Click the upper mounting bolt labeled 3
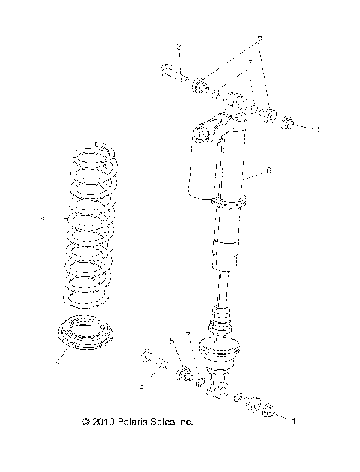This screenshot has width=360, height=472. pos(174,74)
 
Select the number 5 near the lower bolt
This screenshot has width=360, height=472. pos(172,341)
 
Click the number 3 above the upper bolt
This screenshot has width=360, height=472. pos(178,47)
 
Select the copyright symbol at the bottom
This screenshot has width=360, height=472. pos(86,422)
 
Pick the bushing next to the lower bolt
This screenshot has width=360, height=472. pos(182,373)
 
